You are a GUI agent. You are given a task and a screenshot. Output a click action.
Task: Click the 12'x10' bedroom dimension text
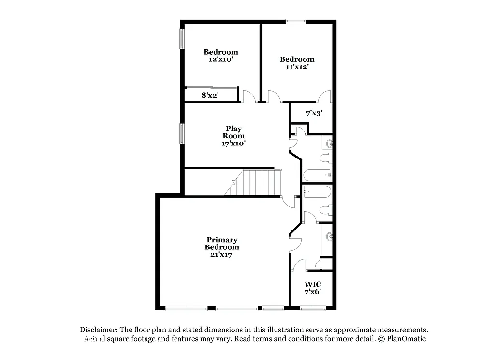(220, 59)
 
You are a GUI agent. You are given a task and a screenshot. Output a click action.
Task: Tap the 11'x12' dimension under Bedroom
(297, 67)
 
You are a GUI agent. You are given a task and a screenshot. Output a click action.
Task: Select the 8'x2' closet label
(210, 95)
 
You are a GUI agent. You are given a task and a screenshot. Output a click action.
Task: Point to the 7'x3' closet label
(314, 113)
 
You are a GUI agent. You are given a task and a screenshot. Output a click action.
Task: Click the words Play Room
(233, 132)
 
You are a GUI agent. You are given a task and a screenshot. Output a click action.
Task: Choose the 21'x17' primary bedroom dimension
(222, 255)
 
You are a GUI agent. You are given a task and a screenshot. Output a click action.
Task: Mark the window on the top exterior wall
(295, 21)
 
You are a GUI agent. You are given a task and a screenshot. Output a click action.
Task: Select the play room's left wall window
(182, 133)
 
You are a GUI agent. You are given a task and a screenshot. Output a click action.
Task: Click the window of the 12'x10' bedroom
(182, 39)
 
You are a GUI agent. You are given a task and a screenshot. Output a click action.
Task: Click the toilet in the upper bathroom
(325, 158)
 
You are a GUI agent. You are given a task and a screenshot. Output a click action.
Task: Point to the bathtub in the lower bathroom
(317, 192)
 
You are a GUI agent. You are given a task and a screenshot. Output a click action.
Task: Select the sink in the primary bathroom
(329, 237)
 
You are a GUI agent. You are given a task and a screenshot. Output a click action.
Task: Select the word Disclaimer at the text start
(99, 330)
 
